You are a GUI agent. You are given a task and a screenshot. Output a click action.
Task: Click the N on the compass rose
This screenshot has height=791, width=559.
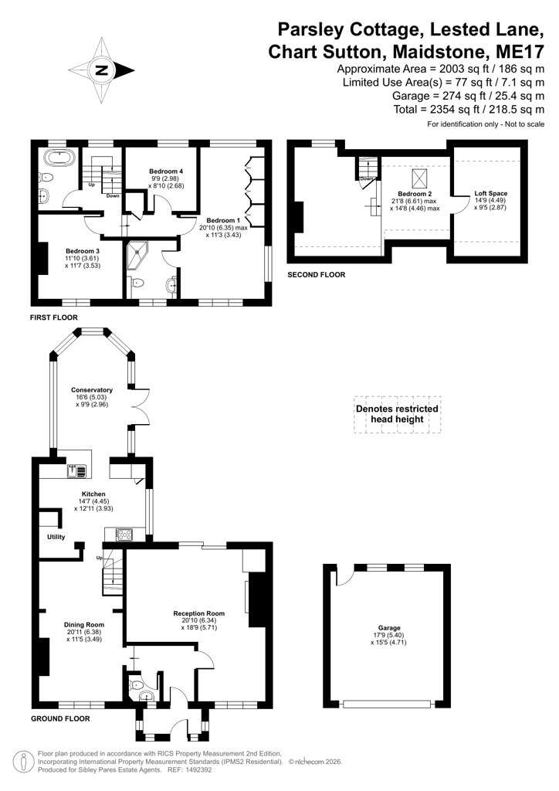coord(102,70)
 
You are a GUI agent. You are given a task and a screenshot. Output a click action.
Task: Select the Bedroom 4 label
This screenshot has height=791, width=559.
coord(166,171)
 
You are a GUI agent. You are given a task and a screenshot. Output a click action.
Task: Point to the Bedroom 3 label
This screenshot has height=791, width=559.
coord(83,251)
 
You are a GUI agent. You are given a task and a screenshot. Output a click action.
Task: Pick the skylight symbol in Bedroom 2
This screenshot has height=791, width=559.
coord(419,178)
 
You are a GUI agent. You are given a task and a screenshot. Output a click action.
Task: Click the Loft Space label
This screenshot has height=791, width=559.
coord(491,193)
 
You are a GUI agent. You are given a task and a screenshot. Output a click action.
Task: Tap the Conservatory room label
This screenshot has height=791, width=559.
coord(92,390)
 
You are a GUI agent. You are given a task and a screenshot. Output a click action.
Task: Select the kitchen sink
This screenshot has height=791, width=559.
coord(76,471)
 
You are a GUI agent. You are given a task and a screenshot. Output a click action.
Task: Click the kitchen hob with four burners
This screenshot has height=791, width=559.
coord(124,535)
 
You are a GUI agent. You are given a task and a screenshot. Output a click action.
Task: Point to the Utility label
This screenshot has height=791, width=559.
coord(56,537)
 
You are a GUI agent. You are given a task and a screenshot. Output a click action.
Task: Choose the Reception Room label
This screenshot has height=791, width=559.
coord(199,613)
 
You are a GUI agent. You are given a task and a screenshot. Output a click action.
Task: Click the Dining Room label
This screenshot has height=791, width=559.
coord(84,624)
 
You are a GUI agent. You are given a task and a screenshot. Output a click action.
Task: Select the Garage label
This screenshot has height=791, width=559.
coord(389,628)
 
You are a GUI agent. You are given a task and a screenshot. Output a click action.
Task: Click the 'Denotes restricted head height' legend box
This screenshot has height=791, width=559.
coord(397,414)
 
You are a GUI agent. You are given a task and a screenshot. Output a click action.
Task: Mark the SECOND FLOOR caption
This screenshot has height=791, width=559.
coord(317,275)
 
